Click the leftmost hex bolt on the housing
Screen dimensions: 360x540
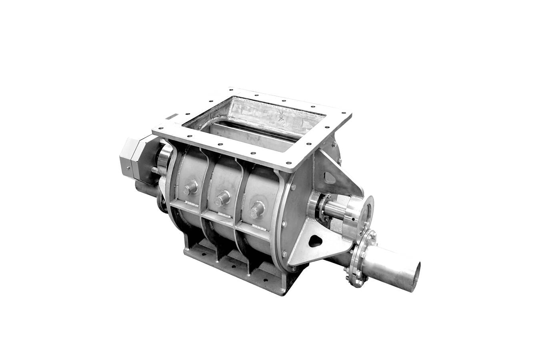pyautogui.click(x=190, y=187)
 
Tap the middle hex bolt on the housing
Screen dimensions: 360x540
pyautogui.click(x=222, y=198)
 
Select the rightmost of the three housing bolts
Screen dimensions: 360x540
pyautogui.click(x=257, y=209)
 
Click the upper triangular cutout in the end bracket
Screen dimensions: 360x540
pyautogui.click(x=329, y=177)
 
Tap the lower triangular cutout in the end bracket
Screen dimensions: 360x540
pyautogui.click(x=316, y=240)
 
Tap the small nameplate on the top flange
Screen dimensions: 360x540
pyautogui.click(x=172, y=117)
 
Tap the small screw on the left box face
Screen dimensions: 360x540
pyautogui.click(x=128, y=168)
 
